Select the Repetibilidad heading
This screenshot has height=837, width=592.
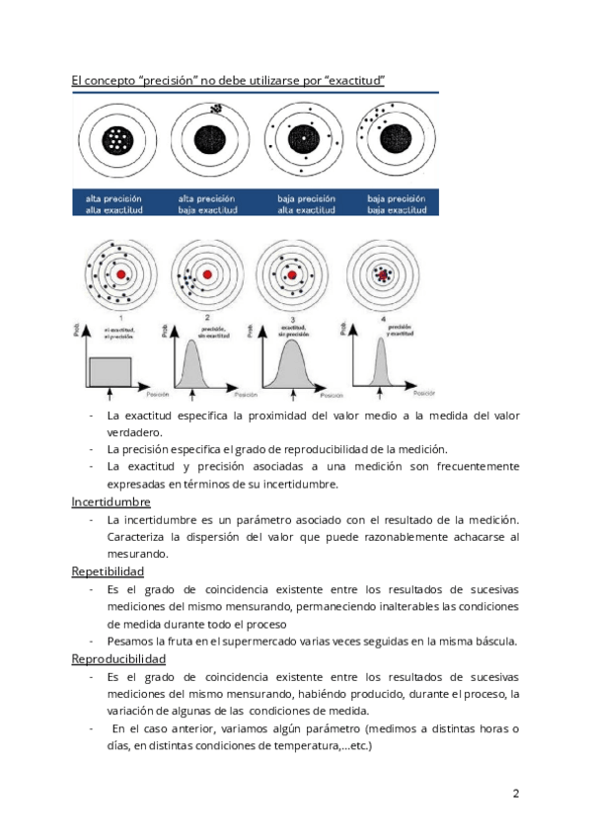[x=109, y=571]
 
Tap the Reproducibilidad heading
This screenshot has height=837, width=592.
[x=118, y=658]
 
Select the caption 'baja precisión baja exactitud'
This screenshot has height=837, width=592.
[x=399, y=203]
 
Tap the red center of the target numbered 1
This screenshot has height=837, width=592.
[x=120, y=273]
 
